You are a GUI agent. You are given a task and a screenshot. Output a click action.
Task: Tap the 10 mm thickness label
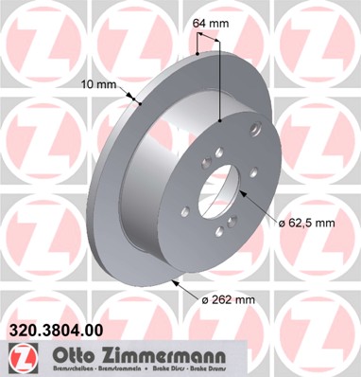tap(100, 84)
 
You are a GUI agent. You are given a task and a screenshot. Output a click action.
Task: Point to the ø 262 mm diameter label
tap(228, 300)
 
